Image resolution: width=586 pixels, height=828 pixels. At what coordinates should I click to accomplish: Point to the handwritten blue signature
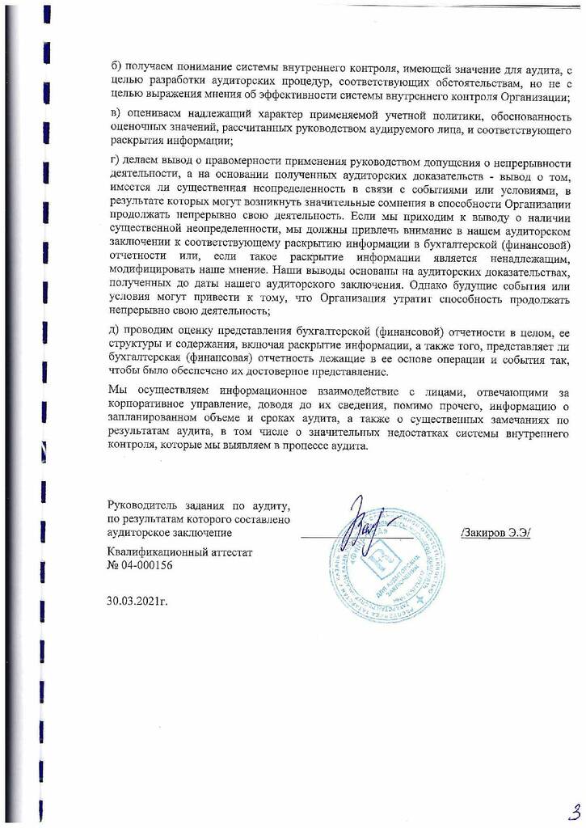pyautogui.click(x=368, y=526)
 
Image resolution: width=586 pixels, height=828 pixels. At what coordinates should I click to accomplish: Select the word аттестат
pyautogui.click(x=231, y=552)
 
